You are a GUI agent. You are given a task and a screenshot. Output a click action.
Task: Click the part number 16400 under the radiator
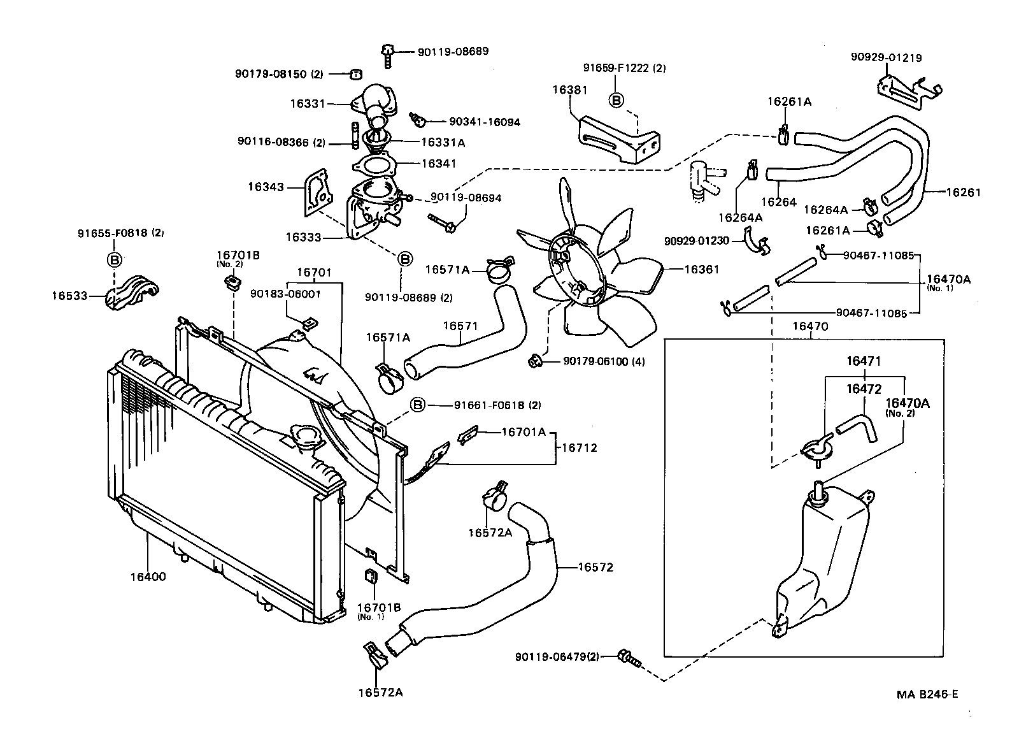pyautogui.click(x=148, y=577)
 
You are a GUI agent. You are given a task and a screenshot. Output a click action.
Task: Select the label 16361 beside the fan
pyautogui.click(x=701, y=270)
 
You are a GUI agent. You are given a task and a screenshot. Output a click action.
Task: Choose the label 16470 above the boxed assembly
pyautogui.click(x=809, y=326)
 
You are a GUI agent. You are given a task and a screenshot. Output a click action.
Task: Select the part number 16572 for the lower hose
pyautogui.click(x=595, y=567)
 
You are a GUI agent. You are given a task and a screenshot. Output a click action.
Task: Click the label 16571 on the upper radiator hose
pyautogui.click(x=460, y=326)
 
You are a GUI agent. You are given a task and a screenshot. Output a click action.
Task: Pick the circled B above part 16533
pyautogui.click(x=114, y=260)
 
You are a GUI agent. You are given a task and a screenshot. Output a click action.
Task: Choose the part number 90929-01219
pyautogui.click(x=886, y=57)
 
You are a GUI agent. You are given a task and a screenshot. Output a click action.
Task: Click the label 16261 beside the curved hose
pyautogui.click(x=964, y=192)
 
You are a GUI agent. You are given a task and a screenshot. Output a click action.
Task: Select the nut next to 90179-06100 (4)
pyautogui.click(x=534, y=362)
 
